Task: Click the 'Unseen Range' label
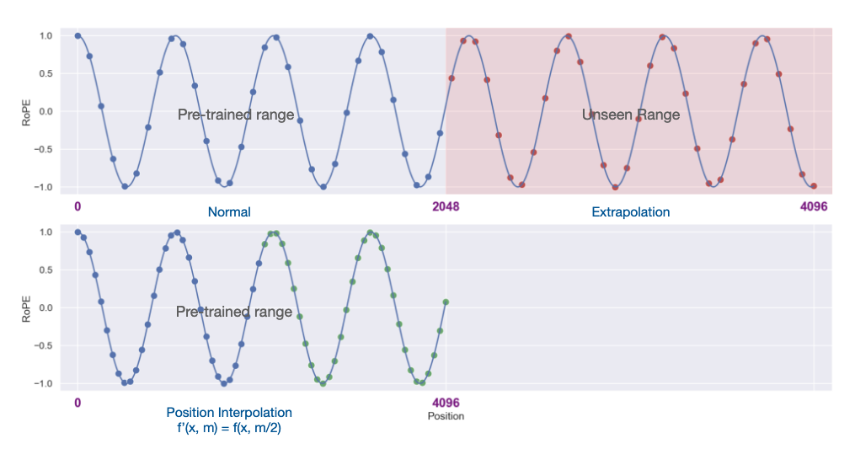pyautogui.click(x=630, y=115)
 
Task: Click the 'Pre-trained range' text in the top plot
pyautogui.click(x=236, y=115)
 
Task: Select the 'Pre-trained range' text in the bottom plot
pyautogui.click(x=234, y=312)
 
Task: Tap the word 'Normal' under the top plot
pyautogui.click(x=229, y=212)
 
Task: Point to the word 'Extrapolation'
pyautogui.click(x=630, y=212)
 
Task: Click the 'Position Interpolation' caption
pyautogui.click(x=229, y=413)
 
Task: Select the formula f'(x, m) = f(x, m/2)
pyautogui.click(x=229, y=428)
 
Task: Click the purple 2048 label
pyautogui.click(x=446, y=206)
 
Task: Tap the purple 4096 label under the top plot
pyautogui.click(x=814, y=206)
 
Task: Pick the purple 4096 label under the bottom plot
pyautogui.click(x=446, y=403)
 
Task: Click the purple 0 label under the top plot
pyautogui.click(x=77, y=206)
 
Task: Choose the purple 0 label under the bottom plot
pyautogui.click(x=77, y=403)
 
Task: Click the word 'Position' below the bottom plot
pyautogui.click(x=446, y=416)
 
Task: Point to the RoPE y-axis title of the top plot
pyautogui.click(x=26, y=113)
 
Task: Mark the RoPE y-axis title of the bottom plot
pyautogui.click(x=26, y=309)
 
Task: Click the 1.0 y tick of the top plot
pyautogui.click(x=45, y=36)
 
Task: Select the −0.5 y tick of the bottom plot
pyautogui.click(x=43, y=345)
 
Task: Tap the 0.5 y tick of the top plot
pyautogui.click(x=45, y=73)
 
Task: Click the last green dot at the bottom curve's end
pyautogui.click(x=446, y=302)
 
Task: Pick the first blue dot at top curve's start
pyautogui.click(x=78, y=36)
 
